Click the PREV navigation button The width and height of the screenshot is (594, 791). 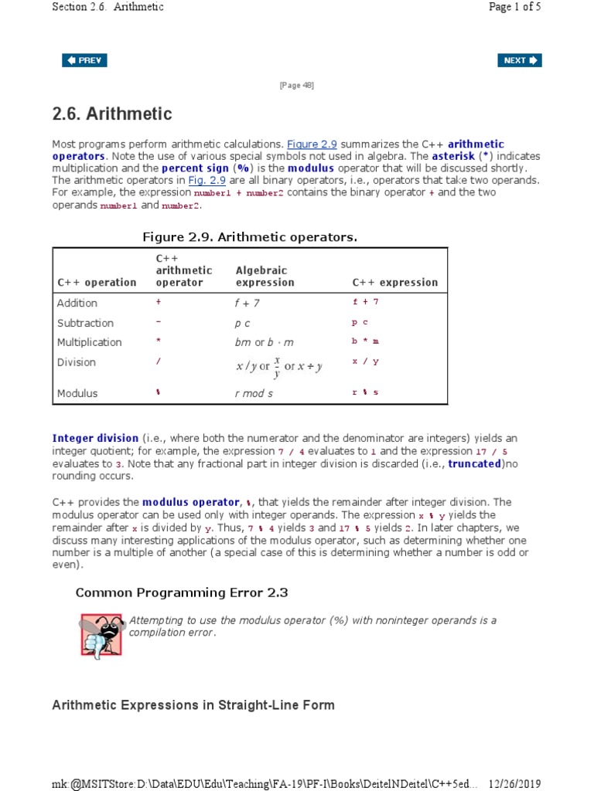[84, 60]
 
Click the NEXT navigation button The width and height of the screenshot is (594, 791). [520, 60]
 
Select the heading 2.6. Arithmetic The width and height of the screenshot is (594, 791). [112, 114]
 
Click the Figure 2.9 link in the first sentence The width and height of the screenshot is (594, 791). [312, 144]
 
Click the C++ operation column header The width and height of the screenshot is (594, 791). [97, 283]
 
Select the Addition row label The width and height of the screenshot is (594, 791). [77, 303]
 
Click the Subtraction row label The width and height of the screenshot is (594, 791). [85, 323]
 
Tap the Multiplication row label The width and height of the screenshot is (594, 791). [90, 342]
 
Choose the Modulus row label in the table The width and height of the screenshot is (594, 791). [77, 393]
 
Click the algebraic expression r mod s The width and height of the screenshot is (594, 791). [254, 393]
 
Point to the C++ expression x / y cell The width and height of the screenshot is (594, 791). [366, 362]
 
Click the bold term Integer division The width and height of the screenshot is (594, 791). [95, 438]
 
